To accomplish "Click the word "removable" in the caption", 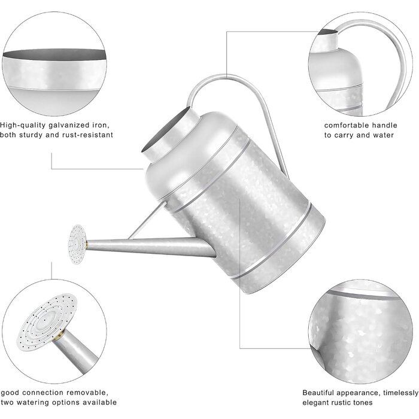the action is tap(87, 393).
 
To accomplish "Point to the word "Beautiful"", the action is tap(318, 393).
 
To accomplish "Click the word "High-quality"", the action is tap(23, 126).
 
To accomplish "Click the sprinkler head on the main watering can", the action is tap(77, 244).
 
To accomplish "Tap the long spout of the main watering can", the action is tap(150, 247).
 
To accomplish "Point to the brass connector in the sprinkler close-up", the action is tap(60, 334).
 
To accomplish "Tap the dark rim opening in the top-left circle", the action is tap(54, 54).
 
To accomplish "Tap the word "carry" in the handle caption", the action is tap(344, 135).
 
